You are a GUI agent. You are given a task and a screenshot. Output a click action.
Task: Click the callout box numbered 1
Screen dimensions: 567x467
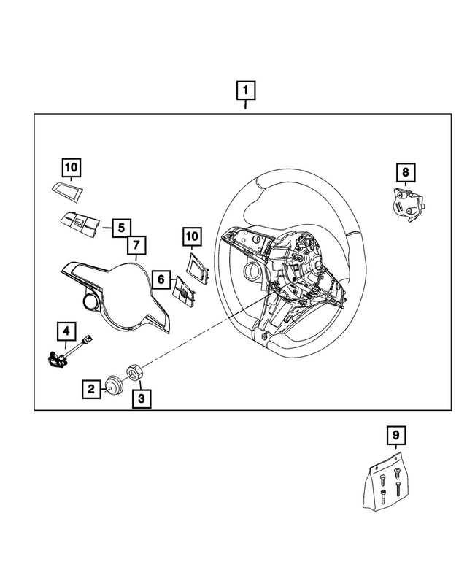245,91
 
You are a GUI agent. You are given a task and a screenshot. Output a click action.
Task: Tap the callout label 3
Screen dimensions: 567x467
141,398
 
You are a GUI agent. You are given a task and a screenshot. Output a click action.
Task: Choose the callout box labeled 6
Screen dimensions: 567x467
161,278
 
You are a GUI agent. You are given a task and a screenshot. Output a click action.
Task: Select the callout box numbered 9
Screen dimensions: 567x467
395,436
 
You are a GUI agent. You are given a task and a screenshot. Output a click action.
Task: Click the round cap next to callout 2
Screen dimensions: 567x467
113,384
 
